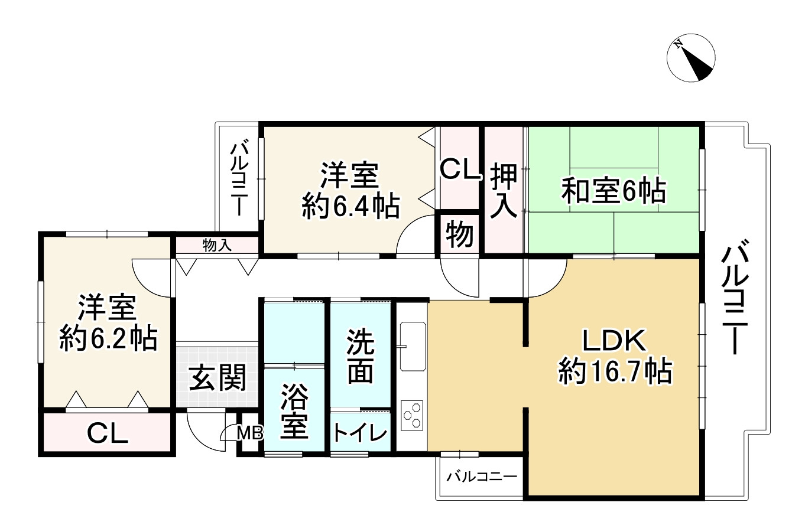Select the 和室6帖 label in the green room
(x=614, y=192)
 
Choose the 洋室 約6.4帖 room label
(x=350, y=190)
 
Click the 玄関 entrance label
(x=217, y=379)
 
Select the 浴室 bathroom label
(x=294, y=411)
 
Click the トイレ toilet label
(x=360, y=433)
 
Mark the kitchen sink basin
(x=412, y=345)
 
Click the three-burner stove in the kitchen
(x=412, y=415)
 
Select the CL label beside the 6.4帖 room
(x=460, y=171)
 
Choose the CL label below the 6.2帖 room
(x=108, y=434)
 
